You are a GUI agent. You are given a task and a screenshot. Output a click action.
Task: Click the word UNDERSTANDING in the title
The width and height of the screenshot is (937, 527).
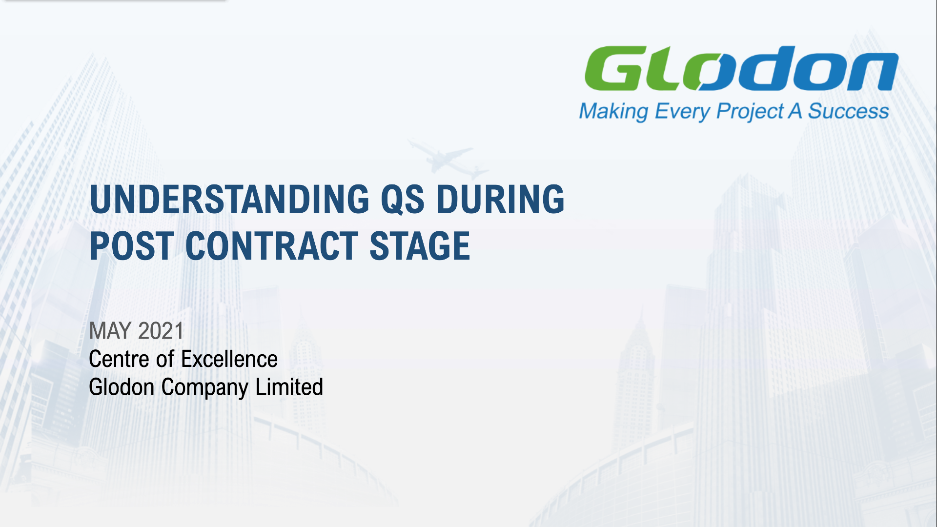coord(230,199)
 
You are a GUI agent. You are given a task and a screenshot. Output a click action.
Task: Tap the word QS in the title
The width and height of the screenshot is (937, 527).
coord(403,200)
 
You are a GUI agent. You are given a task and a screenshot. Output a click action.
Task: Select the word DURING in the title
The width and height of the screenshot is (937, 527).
coord(500,199)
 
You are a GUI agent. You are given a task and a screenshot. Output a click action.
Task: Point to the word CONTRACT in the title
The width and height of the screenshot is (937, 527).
coord(272,246)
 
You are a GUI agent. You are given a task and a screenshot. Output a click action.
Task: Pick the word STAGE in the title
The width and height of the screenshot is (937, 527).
coord(420,246)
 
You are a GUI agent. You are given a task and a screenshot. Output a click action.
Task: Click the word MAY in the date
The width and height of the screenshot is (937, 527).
coord(110,331)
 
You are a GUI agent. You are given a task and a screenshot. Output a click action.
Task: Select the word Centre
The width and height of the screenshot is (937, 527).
coord(119,359)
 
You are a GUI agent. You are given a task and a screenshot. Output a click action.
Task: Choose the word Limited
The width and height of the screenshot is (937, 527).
coord(289,387)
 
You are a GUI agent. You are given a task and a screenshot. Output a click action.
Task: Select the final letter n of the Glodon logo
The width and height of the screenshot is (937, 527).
coord(874,72)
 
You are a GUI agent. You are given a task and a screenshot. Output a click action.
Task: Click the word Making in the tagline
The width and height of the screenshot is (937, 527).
coord(613,112)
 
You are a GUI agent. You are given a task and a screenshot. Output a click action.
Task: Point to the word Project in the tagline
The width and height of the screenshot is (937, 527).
coord(750,112)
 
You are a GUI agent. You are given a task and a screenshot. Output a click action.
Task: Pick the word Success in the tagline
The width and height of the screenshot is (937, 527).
coord(848,111)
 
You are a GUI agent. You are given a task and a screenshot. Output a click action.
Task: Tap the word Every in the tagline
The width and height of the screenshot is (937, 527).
coord(682,112)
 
